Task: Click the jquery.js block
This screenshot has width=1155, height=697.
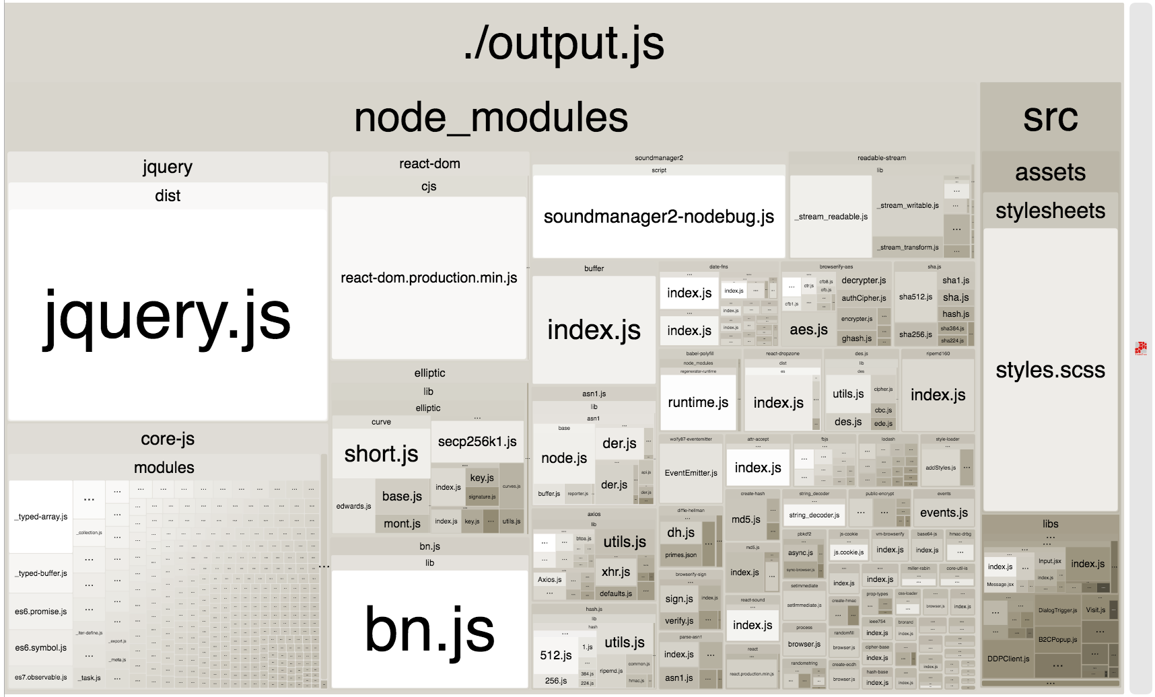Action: click(x=167, y=315)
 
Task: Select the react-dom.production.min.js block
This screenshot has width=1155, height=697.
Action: click(x=429, y=277)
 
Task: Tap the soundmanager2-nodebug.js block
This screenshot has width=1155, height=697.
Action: click(x=658, y=217)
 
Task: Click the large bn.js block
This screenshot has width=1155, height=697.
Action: click(x=429, y=629)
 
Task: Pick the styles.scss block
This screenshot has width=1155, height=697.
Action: click(x=1050, y=369)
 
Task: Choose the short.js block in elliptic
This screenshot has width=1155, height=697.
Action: click(x=381, y=454)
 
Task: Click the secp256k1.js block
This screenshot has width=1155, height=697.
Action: click(x=477, y=441)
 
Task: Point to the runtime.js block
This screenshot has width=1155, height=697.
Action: click(x=698, y=402)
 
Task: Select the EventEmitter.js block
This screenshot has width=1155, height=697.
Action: click(x=691, y=473)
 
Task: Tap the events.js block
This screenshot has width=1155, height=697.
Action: click(x=944, y=513)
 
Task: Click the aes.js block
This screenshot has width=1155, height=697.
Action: click(x=808, y=330)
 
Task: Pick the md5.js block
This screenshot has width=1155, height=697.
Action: click(x=746, y=519)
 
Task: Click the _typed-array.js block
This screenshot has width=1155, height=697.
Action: click(x=41, y=517)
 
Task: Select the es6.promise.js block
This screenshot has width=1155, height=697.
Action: click(x=41, y=612)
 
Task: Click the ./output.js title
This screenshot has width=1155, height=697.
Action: click(x=564, y=43)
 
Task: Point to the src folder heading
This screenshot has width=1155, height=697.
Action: click(x=1050, y=117)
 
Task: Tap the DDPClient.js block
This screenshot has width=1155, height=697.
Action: click(x=1008, y=659)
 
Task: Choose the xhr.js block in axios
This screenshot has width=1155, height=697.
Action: click(x=616, y=572)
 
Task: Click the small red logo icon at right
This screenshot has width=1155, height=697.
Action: click(x=1140, y=348)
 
